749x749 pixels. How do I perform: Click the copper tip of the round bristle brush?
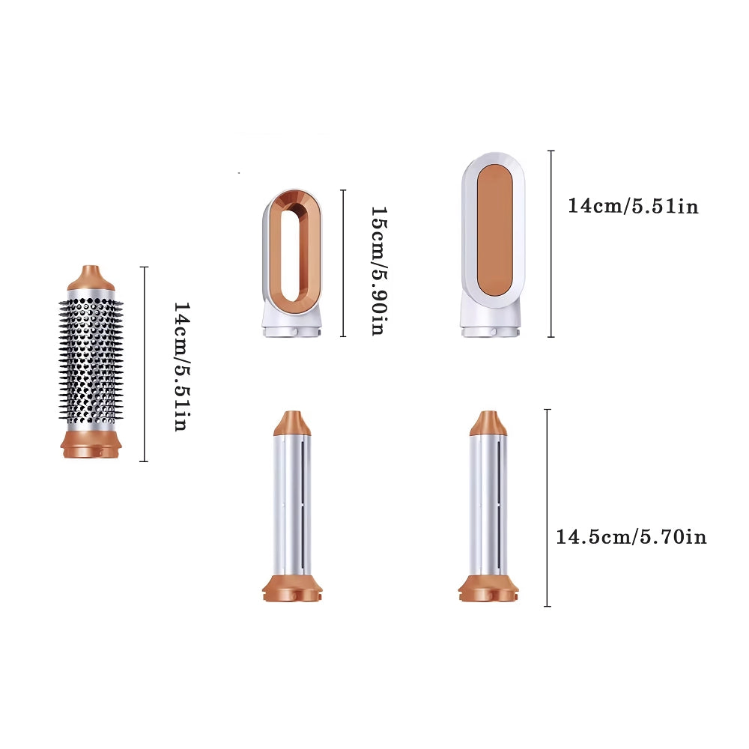pos(91,278)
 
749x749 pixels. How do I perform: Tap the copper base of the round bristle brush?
pos(91,444)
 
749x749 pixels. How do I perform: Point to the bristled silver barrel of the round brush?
pos(91,361)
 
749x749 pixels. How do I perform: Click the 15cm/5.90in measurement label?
pos(379,271)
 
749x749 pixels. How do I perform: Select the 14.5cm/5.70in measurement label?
pos(631,537)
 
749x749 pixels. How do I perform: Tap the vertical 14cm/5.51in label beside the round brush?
pos(182,366)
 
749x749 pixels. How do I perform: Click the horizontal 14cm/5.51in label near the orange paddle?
pos(633,206)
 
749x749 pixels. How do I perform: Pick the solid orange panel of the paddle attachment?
pos(494,230)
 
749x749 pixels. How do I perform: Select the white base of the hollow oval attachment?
pos(292,324)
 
